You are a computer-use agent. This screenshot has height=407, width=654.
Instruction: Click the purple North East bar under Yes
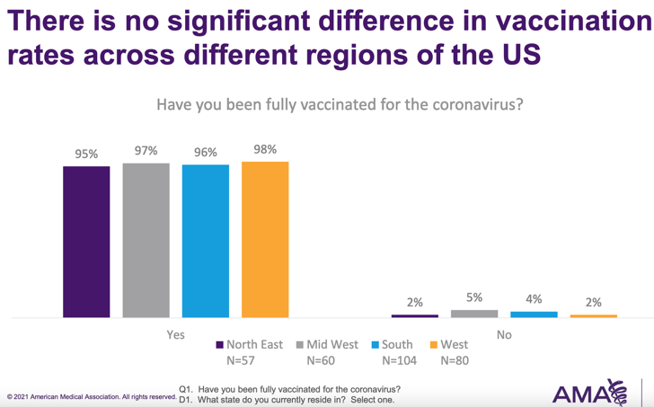[x=86, y=242]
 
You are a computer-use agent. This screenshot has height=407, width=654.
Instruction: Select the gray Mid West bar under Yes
[x=146, y=241]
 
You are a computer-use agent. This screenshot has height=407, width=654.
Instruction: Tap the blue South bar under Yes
[x=206, y=242]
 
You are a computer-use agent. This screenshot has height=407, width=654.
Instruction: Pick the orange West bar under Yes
[x=265, y=240]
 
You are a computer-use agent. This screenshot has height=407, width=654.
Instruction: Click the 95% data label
[x=86, y=155]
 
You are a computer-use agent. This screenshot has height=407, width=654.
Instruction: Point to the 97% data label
[x=146, y=151]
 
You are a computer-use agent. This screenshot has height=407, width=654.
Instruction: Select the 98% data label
[x=265, y=150]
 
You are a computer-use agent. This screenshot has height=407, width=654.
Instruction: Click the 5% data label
[x=474, y=297]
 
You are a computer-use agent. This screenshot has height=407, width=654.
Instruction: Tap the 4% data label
[x=534, y=299]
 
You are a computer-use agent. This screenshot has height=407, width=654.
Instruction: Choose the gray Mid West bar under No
[x=474, y=314]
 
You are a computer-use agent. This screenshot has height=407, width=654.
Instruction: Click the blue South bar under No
[x=534, y=314]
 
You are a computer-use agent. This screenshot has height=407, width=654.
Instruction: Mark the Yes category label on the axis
[x=176, y=335]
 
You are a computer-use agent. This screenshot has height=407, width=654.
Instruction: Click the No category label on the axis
[x=504, y=335]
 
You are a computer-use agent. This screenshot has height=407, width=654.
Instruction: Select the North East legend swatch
[x=220, y=345]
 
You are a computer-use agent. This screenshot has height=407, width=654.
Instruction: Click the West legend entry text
[x=455, y=344]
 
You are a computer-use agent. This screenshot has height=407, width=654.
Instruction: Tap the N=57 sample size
[x=243, y=360]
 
